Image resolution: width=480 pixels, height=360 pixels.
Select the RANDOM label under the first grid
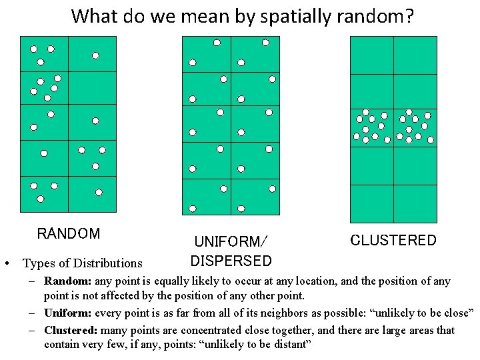click(x=69, y=234)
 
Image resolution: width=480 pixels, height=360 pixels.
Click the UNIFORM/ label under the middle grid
click(x=230, y=241)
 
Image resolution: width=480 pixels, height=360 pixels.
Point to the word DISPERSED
click(x=231, y=261)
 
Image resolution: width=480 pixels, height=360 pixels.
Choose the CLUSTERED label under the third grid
click(x=393, y=240)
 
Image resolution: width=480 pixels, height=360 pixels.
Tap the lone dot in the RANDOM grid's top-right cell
click(x=95, y=55)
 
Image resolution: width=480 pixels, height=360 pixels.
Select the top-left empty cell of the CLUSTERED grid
click(x=371, y=55)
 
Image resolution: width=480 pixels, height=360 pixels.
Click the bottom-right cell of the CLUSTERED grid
click(x=415, y=203)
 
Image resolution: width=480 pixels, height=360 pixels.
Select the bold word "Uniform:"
click(x=67, y=313)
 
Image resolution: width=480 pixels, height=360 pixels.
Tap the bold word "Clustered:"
click(x=71, y=330)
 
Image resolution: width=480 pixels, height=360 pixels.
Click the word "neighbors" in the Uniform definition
click(x=289, y=313)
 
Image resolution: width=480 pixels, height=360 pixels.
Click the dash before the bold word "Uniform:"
click(x=32, y=313)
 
